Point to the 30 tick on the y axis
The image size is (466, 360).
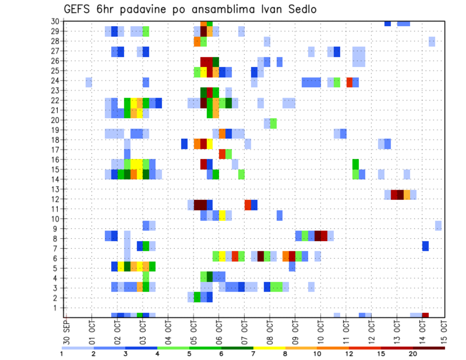coord(55,21)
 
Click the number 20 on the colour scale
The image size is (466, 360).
coord(413,354)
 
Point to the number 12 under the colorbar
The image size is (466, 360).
coord(349,354)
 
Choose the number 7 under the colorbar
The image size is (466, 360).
coord(253,354)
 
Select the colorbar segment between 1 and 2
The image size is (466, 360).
coord(78,348)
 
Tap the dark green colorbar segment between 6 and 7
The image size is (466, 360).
coord(237,348)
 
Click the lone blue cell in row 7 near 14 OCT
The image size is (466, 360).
coord(425,246)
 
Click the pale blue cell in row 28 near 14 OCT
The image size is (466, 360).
coord(432,41)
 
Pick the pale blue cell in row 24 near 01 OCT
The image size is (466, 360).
coord(89,82)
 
